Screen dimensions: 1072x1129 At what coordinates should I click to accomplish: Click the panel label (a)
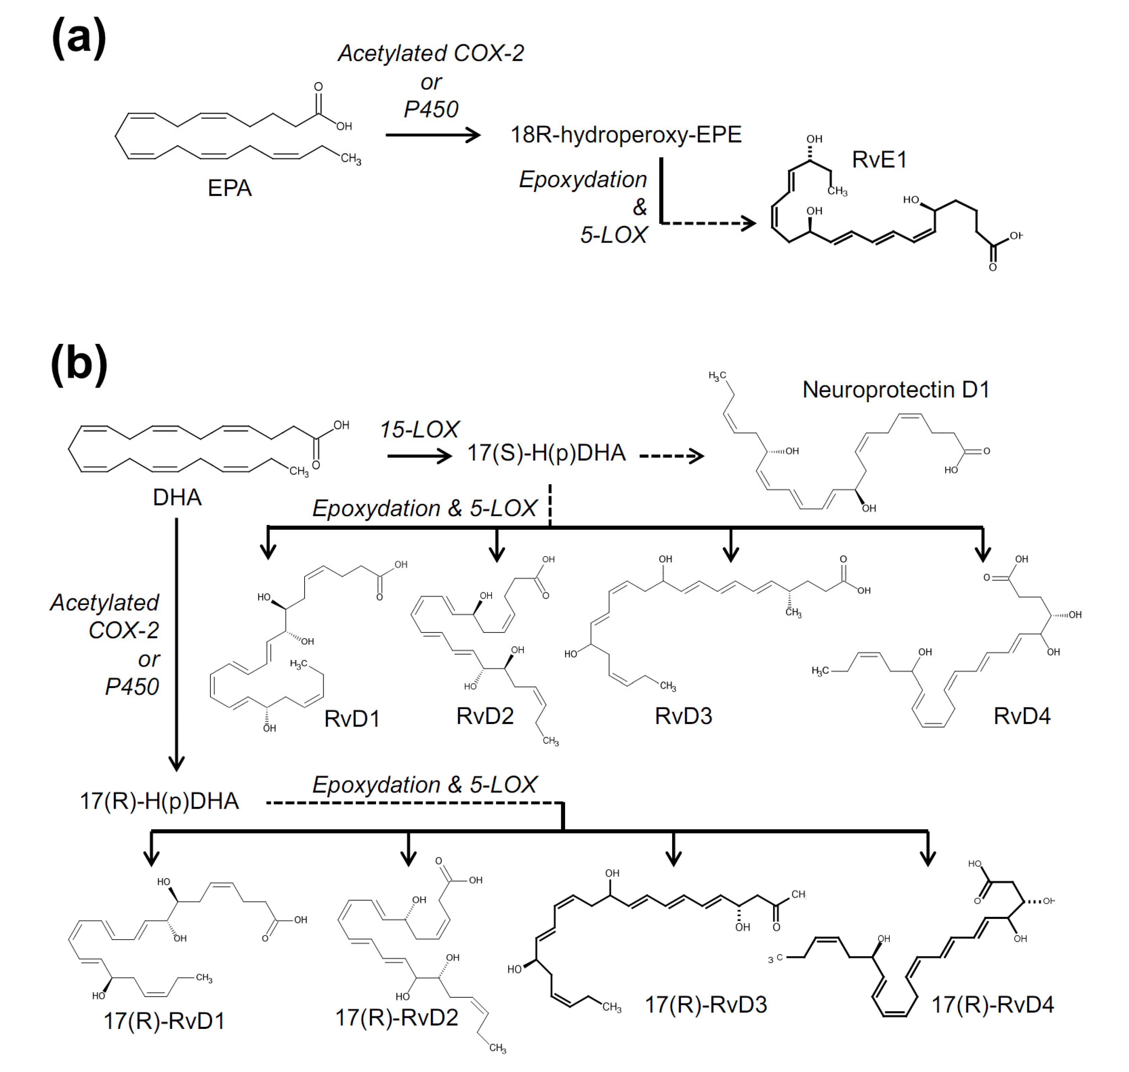79,38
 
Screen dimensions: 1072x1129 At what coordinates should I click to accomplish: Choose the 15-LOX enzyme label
420,430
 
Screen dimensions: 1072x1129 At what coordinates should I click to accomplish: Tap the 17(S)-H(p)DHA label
547,453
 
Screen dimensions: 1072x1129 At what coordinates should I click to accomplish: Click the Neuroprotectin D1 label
895,390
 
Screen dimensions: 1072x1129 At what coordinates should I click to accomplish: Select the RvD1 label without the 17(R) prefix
352,719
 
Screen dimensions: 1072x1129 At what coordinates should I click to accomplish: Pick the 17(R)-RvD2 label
396,1018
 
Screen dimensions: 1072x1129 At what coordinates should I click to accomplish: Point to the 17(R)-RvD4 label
993,1005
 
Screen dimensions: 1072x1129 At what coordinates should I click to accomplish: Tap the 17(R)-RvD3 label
706,1005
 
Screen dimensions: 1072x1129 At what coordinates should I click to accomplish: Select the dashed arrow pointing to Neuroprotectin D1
671,456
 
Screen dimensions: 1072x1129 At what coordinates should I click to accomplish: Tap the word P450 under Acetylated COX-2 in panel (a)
431,109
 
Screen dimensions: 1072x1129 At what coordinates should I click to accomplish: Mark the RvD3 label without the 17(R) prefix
684,716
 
